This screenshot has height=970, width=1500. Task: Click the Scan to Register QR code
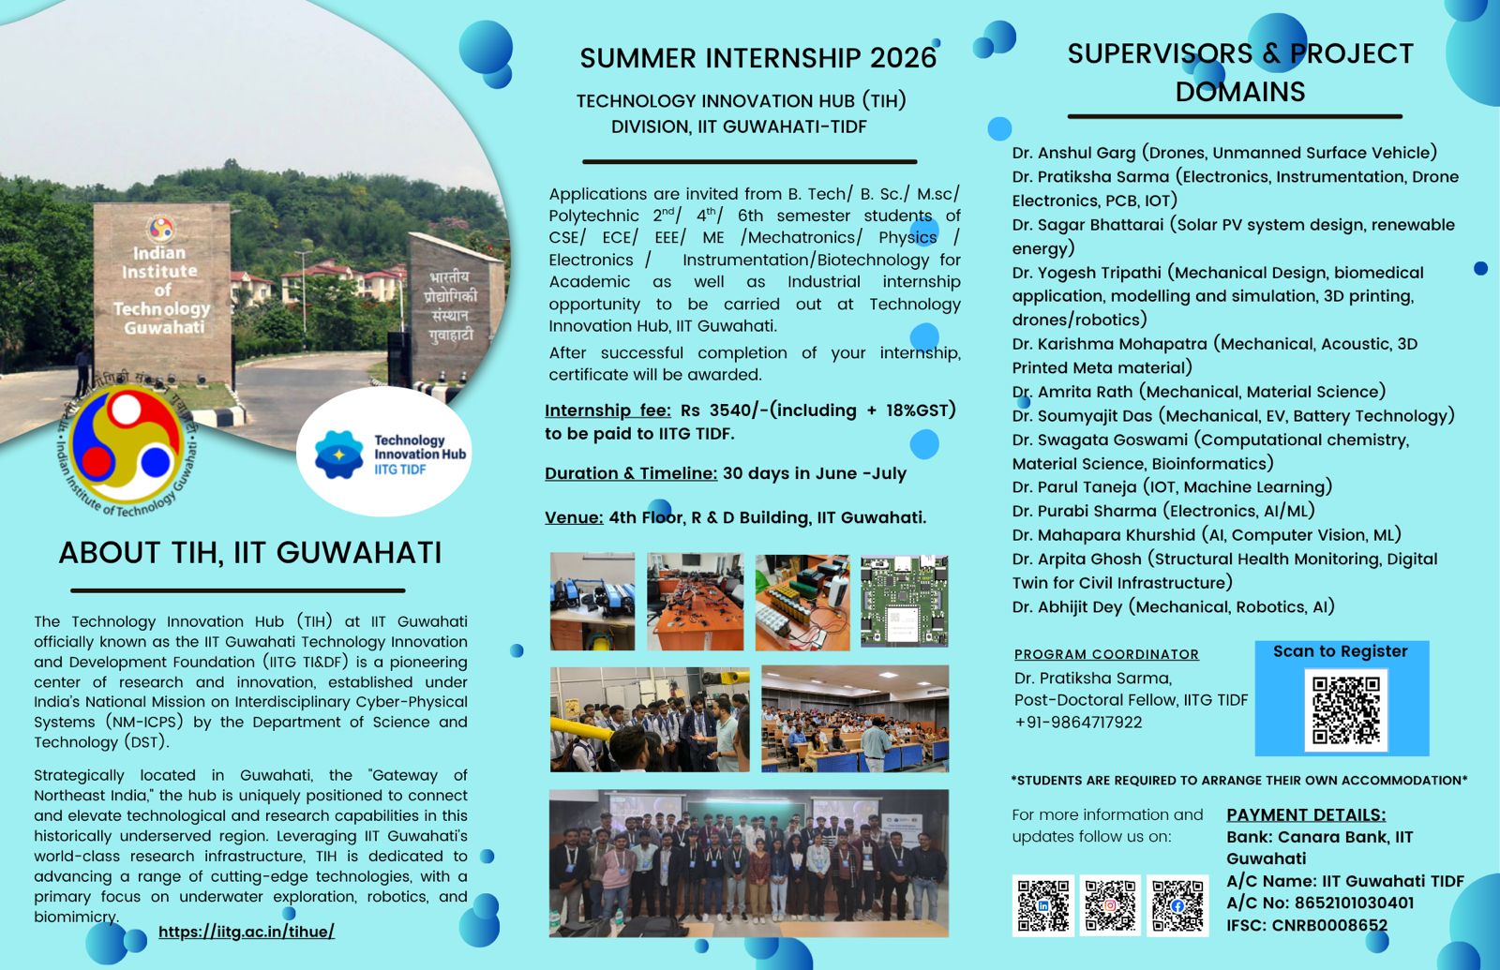click(1344, 709)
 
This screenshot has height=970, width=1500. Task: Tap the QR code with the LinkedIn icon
click(1042, 905)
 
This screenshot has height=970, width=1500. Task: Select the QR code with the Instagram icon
click(1110, 905)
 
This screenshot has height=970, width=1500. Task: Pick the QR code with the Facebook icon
click(1177, 905)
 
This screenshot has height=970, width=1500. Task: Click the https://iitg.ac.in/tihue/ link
click(247, 932)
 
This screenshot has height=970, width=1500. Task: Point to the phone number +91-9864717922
click(1078, 723)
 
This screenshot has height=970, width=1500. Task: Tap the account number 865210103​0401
click(1354, 903)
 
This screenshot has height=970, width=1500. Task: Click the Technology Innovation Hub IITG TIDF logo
click(383, 453)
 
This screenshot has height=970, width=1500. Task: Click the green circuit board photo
click(904, 601)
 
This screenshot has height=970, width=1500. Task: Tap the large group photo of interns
click(749, 863)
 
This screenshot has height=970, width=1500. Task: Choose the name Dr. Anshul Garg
click(1074, 153)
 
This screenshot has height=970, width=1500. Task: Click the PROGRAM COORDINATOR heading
click(1106, 654)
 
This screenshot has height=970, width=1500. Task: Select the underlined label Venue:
click(574, 517)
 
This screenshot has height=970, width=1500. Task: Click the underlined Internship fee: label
click(607, 410)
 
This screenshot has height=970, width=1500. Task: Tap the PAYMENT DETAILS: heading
click(1306, 814)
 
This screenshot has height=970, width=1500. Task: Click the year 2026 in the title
click(903, 58)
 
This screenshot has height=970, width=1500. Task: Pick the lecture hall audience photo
click(855, 718)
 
